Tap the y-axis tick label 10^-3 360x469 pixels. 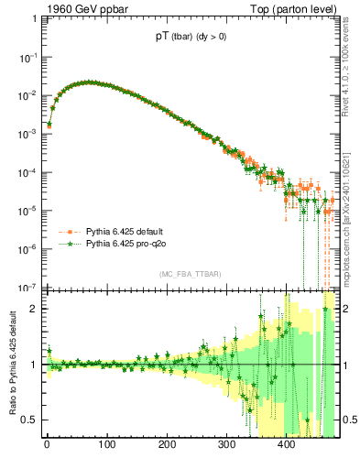pyautogui.click(x=27, y=134)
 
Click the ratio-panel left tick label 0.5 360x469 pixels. pyautogui.click(x=28, y=420)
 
